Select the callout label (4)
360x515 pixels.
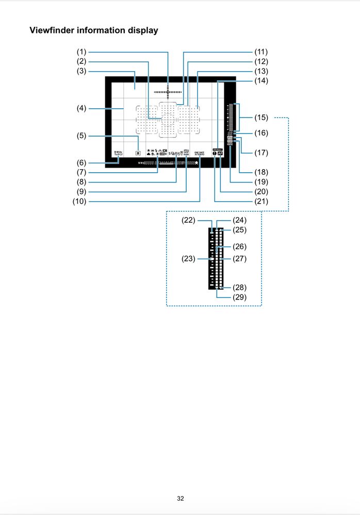tap(80, 108)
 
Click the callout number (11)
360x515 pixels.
tap(261, 52)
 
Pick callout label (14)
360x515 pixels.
tap(261, 81)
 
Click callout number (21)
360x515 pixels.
tap(261, 202)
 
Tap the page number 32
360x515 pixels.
tap(180, 499)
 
